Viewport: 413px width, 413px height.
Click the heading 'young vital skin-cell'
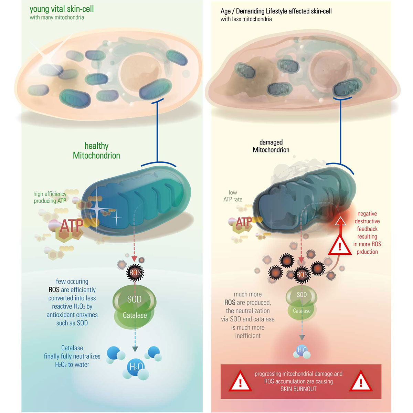pyautogui.click(x=62, y=9)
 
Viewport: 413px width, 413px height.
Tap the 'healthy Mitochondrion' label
pyautogui.click(x=96, y=151)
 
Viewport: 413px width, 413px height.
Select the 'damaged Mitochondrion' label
pyautogui.click(x=271, y=146)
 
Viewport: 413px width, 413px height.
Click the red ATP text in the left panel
pyautogui.click(x=72, y=226)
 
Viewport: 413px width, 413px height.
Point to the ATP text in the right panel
pyautogui.click(x=244, y=222)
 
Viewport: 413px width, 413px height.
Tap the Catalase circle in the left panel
pyautogui.click(x=135, y=315)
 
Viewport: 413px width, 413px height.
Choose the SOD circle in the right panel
pyautogui.click(x=301, y=295)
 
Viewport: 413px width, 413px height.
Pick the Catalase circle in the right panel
pyautogui.click(x=301, y=311)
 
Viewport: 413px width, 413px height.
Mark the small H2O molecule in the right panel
pyautogui.click(x=302, y=350)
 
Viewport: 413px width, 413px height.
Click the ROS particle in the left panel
pyautogui.click(x=135, y=273)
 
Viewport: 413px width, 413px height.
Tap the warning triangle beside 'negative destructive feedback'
pyautogui.click(x=340, y=245)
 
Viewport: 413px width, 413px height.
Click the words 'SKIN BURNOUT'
pyautogui.click(x=298, y=389)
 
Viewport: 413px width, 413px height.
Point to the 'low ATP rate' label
pyautogui.click(x=233, y=196)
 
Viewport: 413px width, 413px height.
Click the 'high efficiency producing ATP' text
pyautogui.click(x=50, y=197)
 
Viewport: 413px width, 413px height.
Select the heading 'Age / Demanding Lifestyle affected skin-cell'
pyautogui.click(x=276, y=11)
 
